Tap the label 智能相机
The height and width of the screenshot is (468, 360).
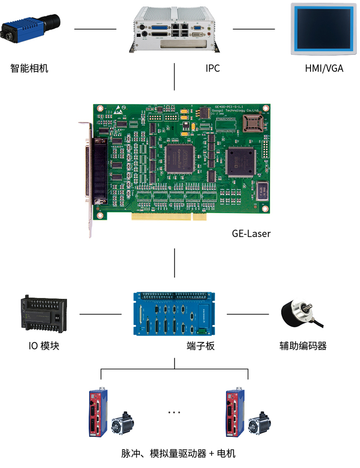(x=29, y=68)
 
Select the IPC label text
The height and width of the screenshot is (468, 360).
(x=212, y=68)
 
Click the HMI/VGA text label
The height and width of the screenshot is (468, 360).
(x=324, y=68)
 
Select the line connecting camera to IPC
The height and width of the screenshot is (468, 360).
(x=95, y=29)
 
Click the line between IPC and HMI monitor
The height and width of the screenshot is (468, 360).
(x=253, y=29)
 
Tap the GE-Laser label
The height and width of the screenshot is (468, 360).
(x=251, y=234)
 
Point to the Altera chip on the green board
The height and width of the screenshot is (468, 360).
(x=180, y=159)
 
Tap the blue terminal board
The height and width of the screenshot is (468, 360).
(x=174, y=314)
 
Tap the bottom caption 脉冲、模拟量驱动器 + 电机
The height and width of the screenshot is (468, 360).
(x=178, y=454)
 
